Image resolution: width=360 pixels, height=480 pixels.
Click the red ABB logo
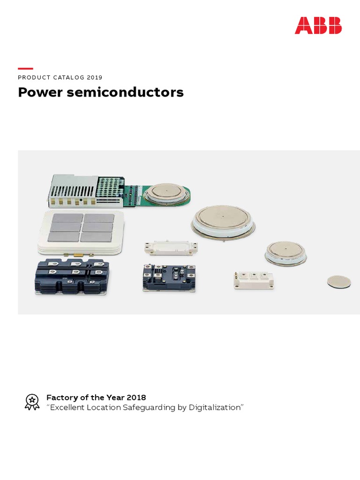tap(318, 25)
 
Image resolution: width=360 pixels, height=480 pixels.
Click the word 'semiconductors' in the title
tap(125, 92)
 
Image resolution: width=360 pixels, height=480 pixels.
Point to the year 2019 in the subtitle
tap(94, 77)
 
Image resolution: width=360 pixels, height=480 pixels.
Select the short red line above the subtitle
tap(25, 68)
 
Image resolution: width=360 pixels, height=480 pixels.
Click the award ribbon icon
tap(32, 402)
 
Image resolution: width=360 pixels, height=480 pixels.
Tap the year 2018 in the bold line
tap(136, 397)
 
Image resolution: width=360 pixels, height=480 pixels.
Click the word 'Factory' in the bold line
tap(61, 397)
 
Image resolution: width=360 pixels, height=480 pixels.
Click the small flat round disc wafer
tap(338, 282)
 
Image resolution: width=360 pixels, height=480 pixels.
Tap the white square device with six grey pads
tap(81, 229)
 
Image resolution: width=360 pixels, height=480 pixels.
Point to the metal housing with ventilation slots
tap(73, 191)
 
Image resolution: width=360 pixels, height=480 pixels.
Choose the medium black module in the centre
tap(168, 277)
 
